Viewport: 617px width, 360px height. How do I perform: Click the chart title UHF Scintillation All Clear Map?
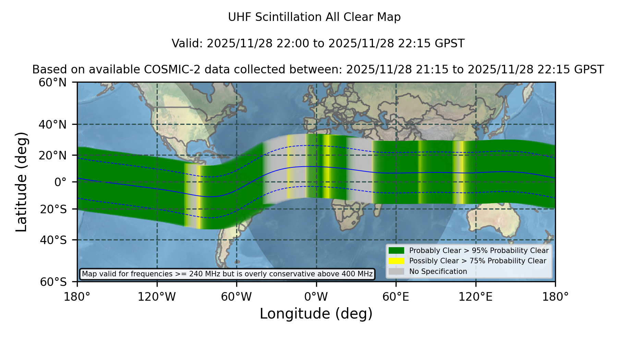pos(314,17)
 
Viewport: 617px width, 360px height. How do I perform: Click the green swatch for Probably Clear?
pos(397,251)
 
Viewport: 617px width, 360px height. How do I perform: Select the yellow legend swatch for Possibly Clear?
pos(397,261)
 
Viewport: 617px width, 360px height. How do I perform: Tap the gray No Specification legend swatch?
pos(397,272)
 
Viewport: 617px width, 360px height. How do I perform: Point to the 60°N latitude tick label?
pos(53,83)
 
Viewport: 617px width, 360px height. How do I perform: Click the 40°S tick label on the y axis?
pos(53,240)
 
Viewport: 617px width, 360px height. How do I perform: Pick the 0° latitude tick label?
pos(60,182)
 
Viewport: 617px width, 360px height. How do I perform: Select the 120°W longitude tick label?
pos(157,297)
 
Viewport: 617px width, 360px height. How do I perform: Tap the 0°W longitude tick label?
pos(316,297)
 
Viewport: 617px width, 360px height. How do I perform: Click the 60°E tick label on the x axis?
pos(396,297)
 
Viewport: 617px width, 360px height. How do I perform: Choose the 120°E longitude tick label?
pos(475,297)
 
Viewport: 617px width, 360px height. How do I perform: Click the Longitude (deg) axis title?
pos(316,314)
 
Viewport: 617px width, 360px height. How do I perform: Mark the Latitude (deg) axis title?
pos(22,182)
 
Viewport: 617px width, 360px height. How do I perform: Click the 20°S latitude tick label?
pos(53,209)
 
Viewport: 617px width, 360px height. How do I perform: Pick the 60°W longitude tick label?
pos(237,297)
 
